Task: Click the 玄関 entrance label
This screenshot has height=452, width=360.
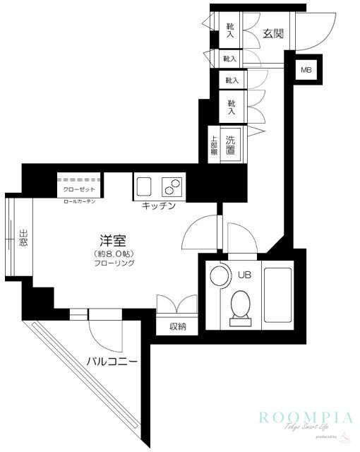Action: point(275,33)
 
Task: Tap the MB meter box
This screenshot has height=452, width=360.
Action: point(306,70)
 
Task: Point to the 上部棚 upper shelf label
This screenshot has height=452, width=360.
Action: point(213,144)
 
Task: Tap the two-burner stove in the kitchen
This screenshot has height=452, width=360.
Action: point(172,187)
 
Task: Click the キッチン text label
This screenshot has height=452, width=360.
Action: point(159,206)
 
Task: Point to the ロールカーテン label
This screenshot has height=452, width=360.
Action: point(80,202)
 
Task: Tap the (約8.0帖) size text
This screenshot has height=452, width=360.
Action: point(113,253)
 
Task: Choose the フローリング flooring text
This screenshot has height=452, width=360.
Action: point(113,263)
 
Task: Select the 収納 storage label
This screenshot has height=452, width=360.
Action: point(178,326)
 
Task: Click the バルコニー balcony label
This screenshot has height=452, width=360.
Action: point(112,362)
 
